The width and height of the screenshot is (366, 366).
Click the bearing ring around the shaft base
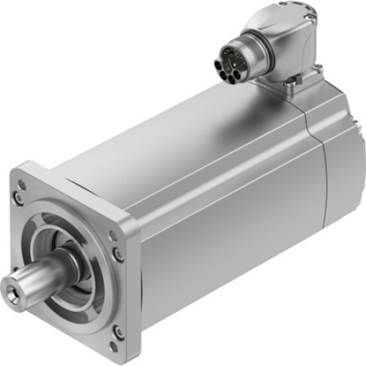(x=70, y=263)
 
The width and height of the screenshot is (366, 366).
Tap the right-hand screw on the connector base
(x=318, y=70)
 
